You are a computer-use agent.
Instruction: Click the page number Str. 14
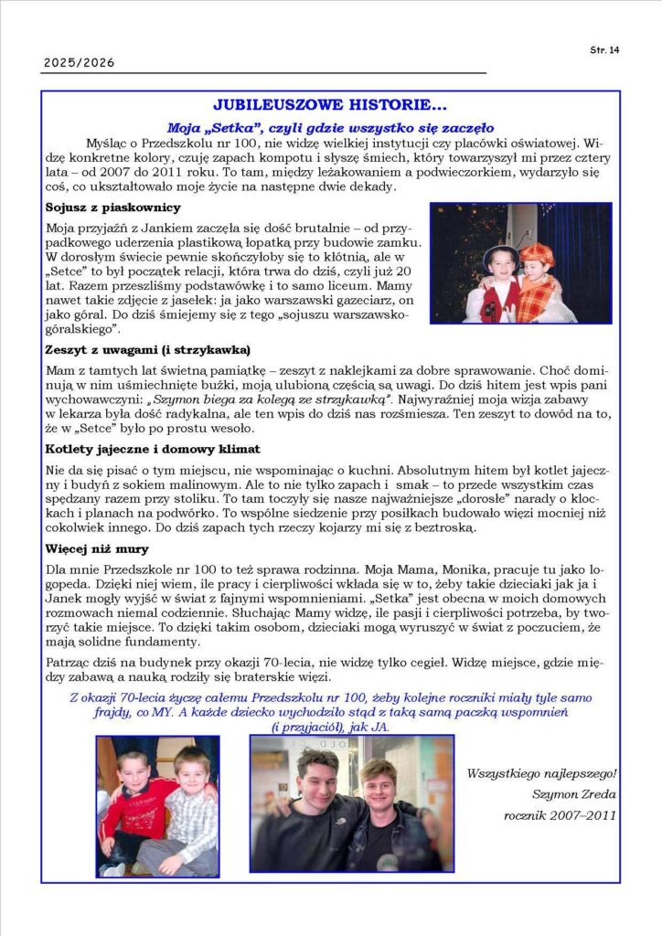[605, 50]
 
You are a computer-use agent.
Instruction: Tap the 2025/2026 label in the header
[79, 64]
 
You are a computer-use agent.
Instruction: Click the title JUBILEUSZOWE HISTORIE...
[330, 107]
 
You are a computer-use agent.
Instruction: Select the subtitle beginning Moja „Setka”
[330, 128]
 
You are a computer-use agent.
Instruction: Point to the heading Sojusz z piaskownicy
[112, 207]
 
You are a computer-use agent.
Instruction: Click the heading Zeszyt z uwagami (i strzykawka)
[147, 350]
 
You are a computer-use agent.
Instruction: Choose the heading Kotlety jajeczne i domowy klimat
[153, 449]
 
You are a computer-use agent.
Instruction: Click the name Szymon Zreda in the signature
[575, 793]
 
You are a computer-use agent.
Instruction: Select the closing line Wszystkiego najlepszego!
[542, 773]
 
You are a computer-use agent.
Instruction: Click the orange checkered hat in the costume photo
[537, 254]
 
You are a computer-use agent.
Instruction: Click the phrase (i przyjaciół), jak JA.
[330, 727]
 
